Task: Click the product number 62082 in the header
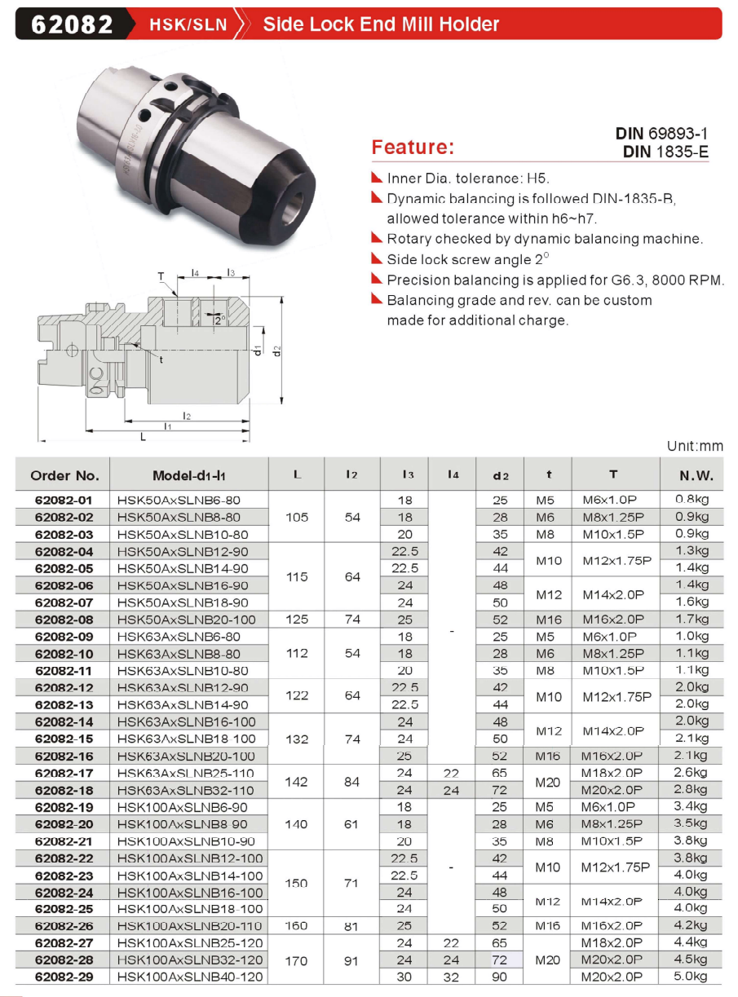72,24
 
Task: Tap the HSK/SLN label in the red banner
188,24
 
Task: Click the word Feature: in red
413,147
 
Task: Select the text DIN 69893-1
661,133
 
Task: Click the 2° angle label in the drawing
220,320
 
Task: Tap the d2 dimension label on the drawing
276,351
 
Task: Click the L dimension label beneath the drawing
143,437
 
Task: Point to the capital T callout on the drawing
161,276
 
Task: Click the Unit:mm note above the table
695,446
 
